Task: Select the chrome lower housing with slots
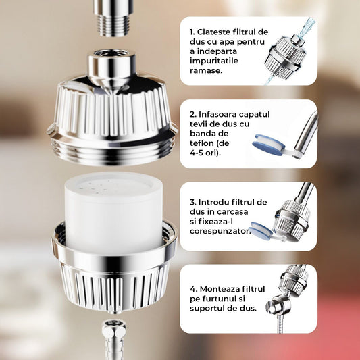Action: (x=113, y=277)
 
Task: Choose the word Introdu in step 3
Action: (x=215, y=202)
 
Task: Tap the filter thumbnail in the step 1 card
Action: (x=285, y=54)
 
